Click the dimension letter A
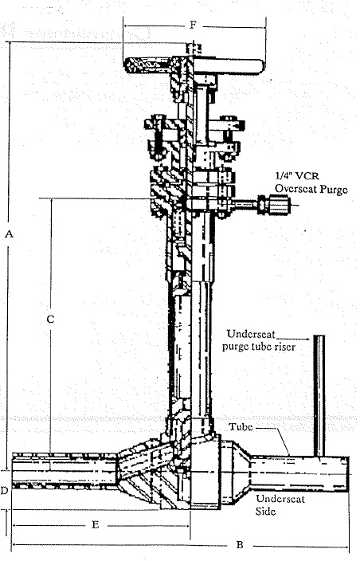(10, 234)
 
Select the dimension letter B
(240, 545)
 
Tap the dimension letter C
(50, 319)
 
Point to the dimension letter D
(4, 491)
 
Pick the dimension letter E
(95, 525)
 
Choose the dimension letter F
(193, 25)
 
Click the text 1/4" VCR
(296, 176)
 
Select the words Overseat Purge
(311, 189)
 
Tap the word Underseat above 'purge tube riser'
(252, 334)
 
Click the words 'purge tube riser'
(259, 347)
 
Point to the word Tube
(241, 426)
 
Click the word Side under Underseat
(265, 511)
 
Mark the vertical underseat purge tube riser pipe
(319, 396)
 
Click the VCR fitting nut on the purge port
(280, 205)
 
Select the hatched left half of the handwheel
(147, 66)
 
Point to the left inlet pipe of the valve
(65, 470)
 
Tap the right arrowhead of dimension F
(263, 27)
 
